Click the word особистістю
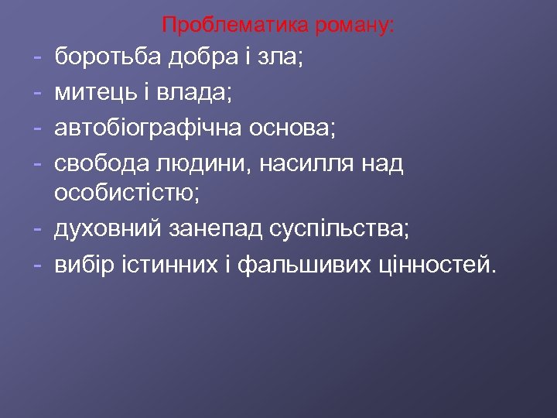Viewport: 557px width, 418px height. tap(127, 197)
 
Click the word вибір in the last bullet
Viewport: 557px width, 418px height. tap(81, 266)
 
